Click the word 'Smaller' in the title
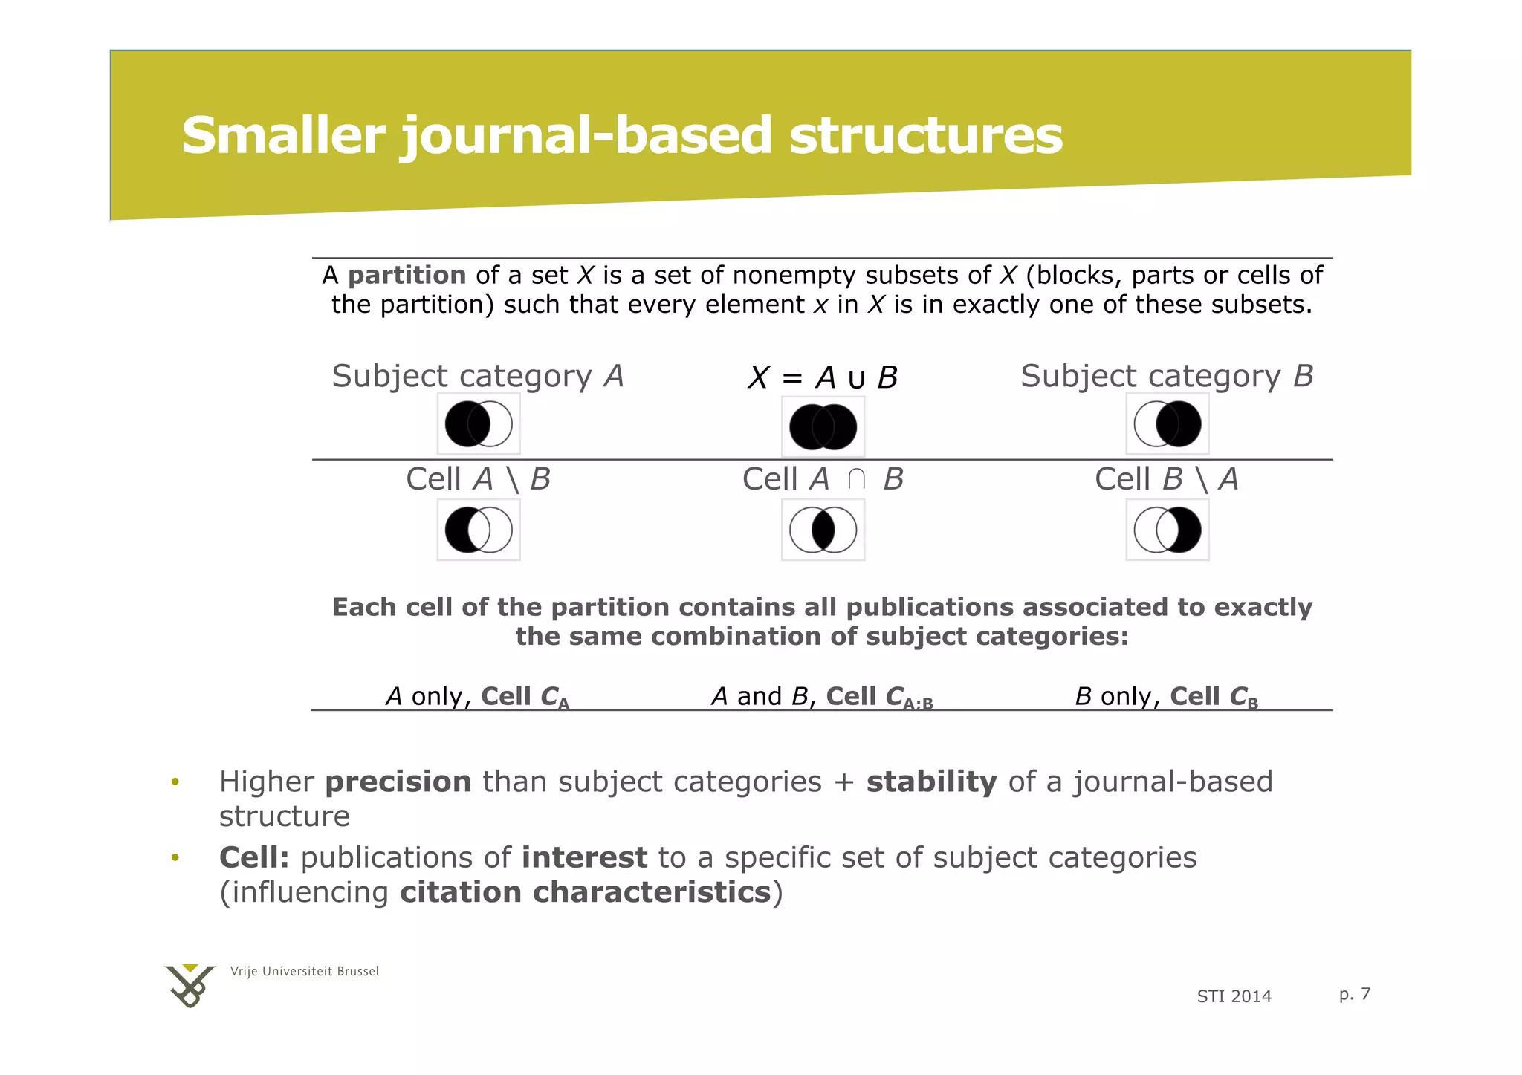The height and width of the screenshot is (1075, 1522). coord(282,136)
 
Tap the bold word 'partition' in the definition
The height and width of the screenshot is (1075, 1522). coord(407,276)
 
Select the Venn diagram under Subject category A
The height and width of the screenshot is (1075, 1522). coord(479,424)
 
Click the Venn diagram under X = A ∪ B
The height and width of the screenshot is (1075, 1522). coord(823,427)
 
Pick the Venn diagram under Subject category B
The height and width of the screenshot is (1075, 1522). coord(1167,424)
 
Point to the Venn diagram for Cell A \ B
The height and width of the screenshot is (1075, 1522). coord(479,530)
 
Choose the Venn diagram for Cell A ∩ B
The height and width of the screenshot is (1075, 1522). coord(823,530)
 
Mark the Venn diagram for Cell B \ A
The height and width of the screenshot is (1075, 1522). coord(1167,530)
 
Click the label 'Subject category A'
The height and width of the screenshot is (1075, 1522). coord(477,377)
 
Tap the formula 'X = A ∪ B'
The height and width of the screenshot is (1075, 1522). coord(823,378)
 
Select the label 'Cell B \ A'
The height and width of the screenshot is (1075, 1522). coord(1166,480)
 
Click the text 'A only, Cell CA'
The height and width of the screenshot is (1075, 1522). coord(477,697)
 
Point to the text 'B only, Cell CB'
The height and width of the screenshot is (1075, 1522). coord(1166,697)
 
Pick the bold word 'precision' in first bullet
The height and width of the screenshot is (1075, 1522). coord(398,782)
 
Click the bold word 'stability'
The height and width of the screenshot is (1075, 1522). coord(931,782)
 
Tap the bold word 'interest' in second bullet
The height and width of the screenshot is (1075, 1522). coord(584,858)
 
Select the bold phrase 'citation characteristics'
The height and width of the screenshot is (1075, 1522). coord(585,892)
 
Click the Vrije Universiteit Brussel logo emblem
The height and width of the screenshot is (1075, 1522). coord(190,986)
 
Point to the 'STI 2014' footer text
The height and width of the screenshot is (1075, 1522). coord(1234,997)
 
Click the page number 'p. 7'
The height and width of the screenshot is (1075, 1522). coord(1354,994)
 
